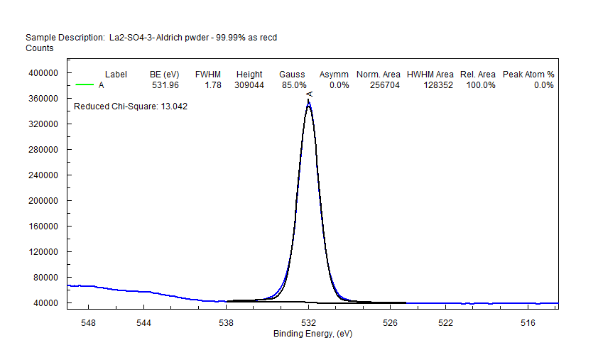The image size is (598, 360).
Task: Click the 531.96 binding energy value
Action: (165, 85)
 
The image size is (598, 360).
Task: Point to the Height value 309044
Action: (249, 85)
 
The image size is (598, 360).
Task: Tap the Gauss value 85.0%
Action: (293, 85)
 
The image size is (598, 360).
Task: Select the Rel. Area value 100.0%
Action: (478, 85)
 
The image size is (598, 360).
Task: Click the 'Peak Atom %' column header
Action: (528, 75)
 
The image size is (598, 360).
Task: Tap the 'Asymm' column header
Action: (334, 75)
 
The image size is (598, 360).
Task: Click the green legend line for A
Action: (85, 85)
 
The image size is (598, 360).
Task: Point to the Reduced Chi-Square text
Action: (131, 107)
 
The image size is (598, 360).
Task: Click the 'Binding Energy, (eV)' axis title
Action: (312, 334)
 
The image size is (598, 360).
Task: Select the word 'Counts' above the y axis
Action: (40, 48)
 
